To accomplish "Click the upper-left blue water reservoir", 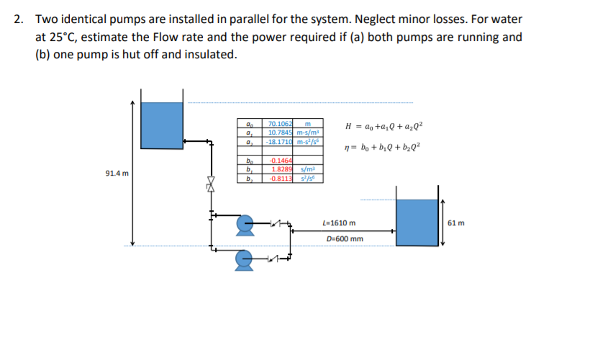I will click(x=162, y=123).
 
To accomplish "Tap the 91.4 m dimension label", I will click(x=117, y=174).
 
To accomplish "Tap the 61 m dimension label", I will click(x=456, y=222).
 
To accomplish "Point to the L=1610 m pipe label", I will click(x=340, y=223).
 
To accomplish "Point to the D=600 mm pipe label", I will click(x=345, y=239).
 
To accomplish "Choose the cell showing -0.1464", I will click(x=280, y=160).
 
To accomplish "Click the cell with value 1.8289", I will click(x=281, y=168).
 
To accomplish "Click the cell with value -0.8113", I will click(x=280, y=176).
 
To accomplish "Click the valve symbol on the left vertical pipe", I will click(x=211, y=185).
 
